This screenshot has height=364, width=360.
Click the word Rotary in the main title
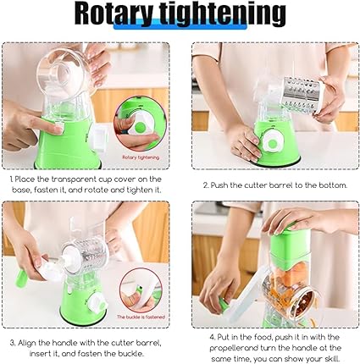tap(119, 15)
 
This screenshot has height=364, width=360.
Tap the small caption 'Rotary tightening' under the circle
tap(141, 157)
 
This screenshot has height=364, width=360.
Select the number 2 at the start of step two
tap(206, 185)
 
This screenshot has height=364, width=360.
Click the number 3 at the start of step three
tap(12, 344)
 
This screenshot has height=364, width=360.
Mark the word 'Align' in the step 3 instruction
tap(29, 344)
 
